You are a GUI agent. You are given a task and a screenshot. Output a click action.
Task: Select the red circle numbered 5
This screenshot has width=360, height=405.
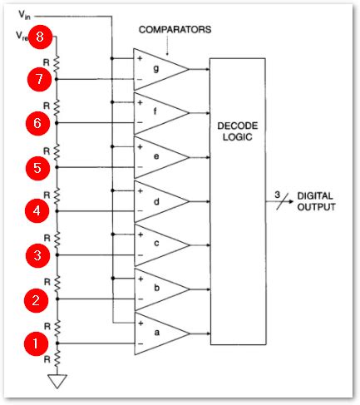pyautogui.click(x=36, y=167)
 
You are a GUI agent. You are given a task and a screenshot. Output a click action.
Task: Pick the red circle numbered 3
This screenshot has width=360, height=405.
pyautogui.click(x=36, y=254)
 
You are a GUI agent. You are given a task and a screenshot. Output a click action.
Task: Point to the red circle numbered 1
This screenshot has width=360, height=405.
pyautogui.click(x=36, y=342)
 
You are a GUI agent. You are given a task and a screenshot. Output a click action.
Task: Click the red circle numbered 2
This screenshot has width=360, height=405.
pyautogui.click(x=36, y=299)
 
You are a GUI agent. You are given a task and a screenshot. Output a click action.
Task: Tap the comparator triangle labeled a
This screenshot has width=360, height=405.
pyautogui.click(x=158, y=333)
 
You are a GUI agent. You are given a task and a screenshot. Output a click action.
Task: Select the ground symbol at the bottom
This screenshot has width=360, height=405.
pyautogui.click(x=57, y=383)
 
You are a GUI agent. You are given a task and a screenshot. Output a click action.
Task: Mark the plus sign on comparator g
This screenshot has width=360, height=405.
pyautogui.click(x=140, y=59)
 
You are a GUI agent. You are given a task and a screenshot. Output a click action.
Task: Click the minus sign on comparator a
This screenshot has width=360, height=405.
pyautogui.click(x=140, y=343)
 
